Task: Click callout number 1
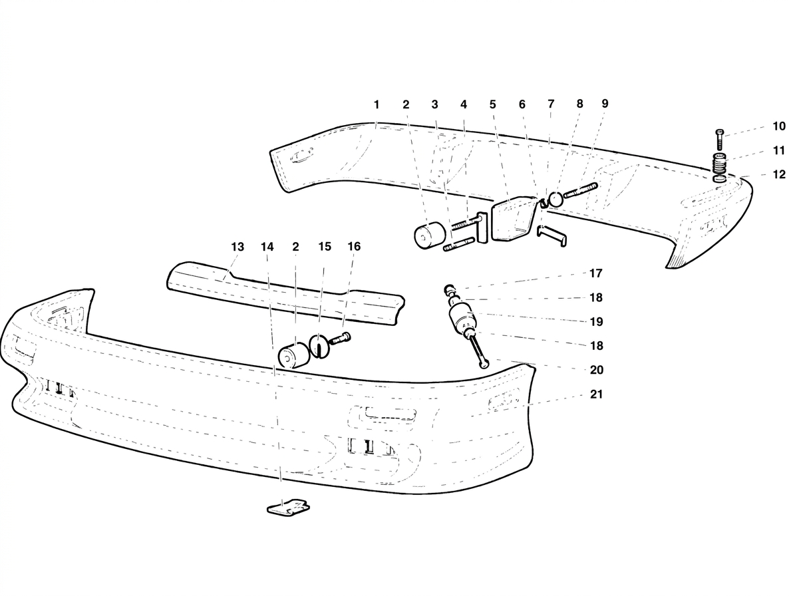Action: tap(377, 104)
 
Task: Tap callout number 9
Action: tap(604, 104)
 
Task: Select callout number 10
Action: tap(779, 126)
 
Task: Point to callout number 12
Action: tap(779, 174)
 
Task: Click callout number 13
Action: tap(237, 247)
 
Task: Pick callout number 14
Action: tap(267, 247)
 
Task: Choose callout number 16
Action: tap(354, 246)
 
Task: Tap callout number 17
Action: tap(596, 273)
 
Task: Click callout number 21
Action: tap(596, 394)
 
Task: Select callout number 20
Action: tap(596, 371)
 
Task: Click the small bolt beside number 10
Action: tap(719, 139)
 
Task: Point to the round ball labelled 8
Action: tap(555, 198)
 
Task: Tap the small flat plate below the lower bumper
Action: tap(287, 508)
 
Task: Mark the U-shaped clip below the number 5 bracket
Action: tap(552, 235)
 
